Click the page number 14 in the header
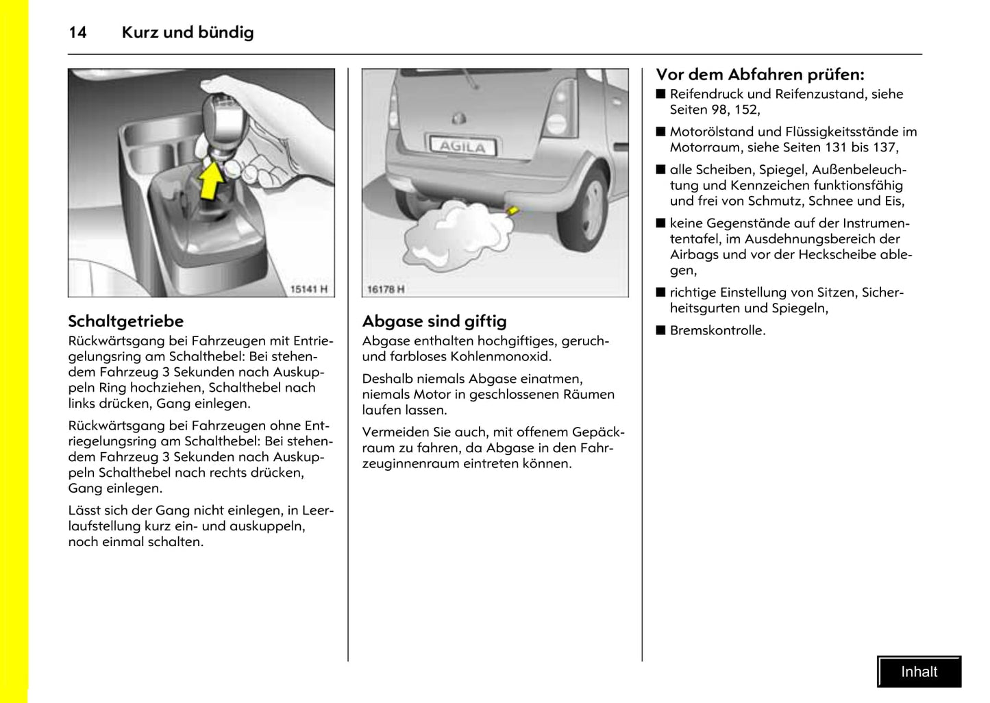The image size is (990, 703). [77, 32]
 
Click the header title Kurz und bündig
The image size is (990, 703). [187, 32]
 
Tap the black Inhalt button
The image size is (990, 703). [919, 671]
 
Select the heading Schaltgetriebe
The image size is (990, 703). [125, 321]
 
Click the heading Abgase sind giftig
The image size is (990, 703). [434, 321]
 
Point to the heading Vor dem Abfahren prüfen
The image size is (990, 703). [760, 74]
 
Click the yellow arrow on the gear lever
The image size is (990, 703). [211, 179]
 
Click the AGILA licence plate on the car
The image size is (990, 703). [462, 145]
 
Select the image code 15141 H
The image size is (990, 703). [309, 289]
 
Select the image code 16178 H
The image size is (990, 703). [386, 289]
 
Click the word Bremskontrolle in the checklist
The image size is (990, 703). [717, 330]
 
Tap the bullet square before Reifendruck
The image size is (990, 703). [660, 94]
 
